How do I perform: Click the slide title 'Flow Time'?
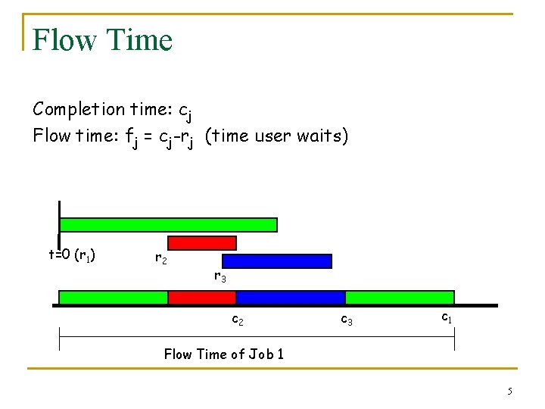click(x=103, y=39)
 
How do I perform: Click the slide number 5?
click(x=509, y=391)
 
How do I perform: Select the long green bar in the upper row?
click(x=168, y=225)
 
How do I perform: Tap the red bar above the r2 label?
click(x=201, y=243)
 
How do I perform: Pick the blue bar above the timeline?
click(x=277, y=261)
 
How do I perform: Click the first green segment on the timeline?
click(x=113, y=298)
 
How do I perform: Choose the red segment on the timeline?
click(x=201, y=298)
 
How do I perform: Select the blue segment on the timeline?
click(x=291, y=298)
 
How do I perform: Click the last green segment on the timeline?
click(x=400, y=298)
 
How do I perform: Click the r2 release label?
click(x=160, y=259)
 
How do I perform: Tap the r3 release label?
click(x=220, y=277)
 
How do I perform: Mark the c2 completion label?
click(x=237, y=320)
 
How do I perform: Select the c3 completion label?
click(x=346, y=320)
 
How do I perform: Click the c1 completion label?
click(x=447, y=318)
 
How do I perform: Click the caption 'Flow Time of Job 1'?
click(x=224, y=354)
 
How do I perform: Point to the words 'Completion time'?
click(x=89, y=109)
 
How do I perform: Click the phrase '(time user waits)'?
click(x=276, y=136)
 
